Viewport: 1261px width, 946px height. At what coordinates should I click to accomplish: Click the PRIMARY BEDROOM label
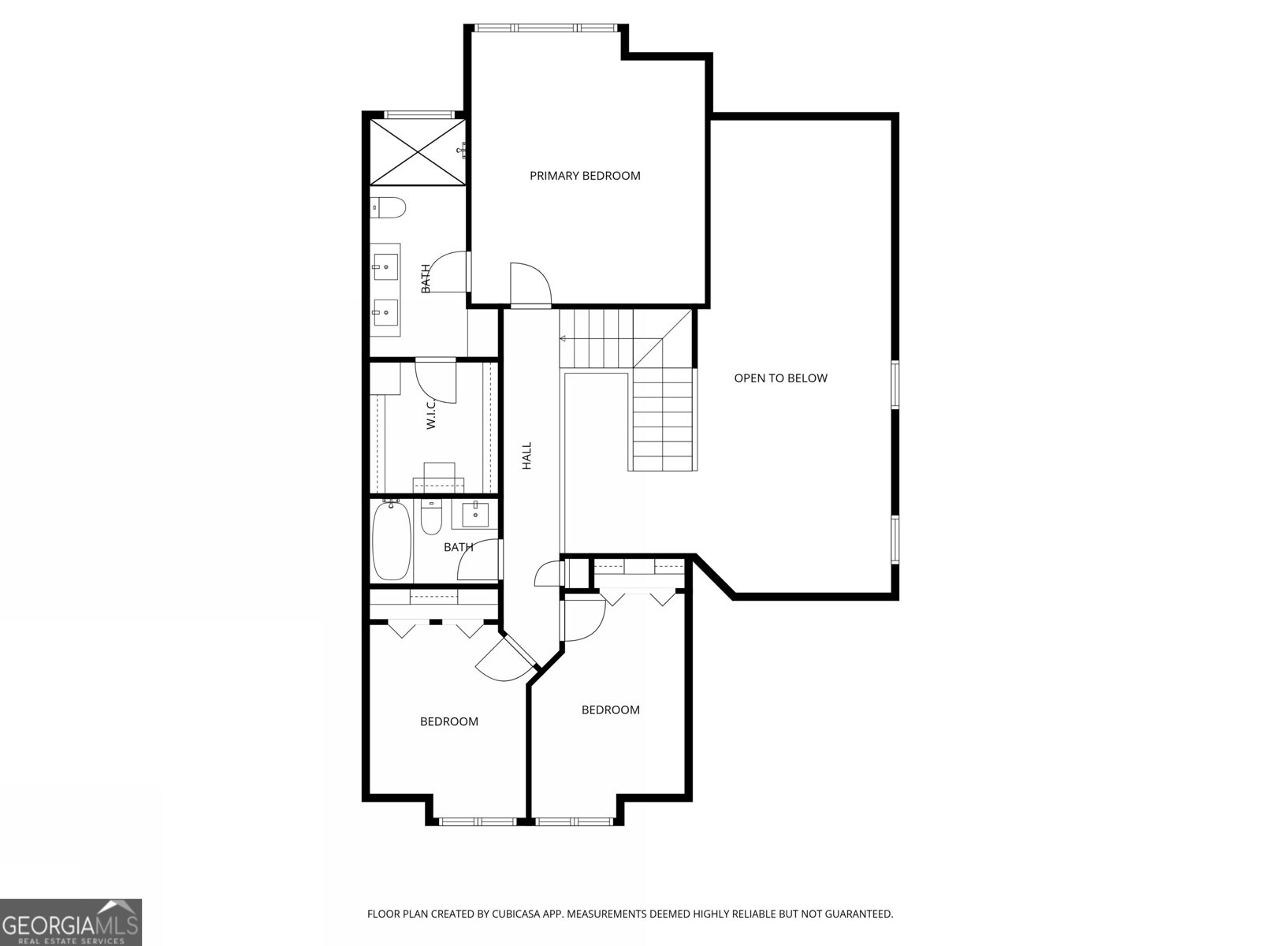pyautogui.click(x=585, y=176)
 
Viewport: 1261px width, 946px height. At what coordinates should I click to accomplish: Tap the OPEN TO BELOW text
pyautogui.click(x=780, y=378)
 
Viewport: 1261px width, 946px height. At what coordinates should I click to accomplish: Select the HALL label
pyautogui.click(x=527, y=456)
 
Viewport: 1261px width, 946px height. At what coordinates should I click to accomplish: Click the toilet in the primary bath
pyautogui.click(x=388, y=207)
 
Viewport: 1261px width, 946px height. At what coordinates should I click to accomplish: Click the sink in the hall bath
pyautogui.click(x=475, y=514)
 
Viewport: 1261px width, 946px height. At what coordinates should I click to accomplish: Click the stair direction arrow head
pyautogui.click(x=563, y=339)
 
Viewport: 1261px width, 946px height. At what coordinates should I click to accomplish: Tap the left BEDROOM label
pyautogui.click(x=448, y=721)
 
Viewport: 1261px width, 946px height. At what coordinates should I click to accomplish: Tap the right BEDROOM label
pyautogui.click(x=610, y=709)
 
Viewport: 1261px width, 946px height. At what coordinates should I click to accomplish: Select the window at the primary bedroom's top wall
pyautogui.click(x=545, y=28)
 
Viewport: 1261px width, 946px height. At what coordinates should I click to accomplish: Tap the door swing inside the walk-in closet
pyautogui.click(x=436, y=379)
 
